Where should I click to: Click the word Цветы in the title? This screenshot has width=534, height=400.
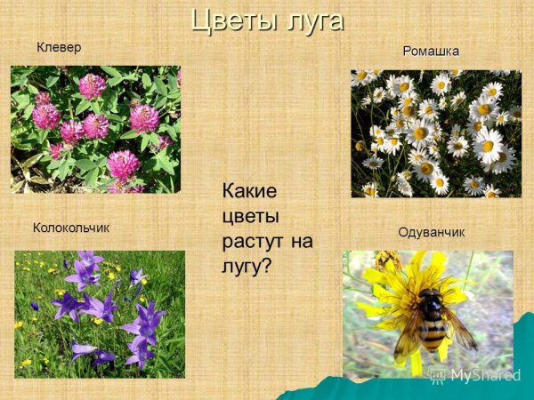[x=230, y=20]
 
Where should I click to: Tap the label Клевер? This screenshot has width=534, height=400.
[x=59, y=47]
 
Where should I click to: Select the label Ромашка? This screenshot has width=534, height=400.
[x=432, y=51]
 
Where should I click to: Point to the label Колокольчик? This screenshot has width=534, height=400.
[x=71, y=228]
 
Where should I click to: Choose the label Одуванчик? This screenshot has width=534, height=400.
[x=432, y=232]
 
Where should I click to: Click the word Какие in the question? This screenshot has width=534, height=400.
[x=249, y=191]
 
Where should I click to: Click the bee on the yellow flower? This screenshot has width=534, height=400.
[x=429, y=315]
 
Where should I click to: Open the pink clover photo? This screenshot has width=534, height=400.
[x=95, y=129]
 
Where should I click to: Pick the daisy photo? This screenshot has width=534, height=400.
[x=436, y=133]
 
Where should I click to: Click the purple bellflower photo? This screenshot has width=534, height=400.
[x=99, y=313]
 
